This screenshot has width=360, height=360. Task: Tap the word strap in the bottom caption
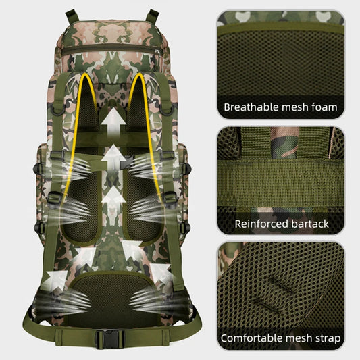pos(327,338)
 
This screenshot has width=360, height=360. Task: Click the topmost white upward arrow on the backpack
pos(113,121)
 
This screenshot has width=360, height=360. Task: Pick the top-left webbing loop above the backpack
pos(72,16)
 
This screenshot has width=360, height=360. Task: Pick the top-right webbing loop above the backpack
pos(152,16)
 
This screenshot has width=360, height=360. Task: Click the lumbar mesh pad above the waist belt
pos(112,297)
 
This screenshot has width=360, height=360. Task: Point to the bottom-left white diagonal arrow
pos(55,280)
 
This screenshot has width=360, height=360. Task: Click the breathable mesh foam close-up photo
pos(281,65)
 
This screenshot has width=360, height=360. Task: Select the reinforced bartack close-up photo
pos(281,180)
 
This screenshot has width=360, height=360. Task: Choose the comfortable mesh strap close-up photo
pos(281,297)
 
